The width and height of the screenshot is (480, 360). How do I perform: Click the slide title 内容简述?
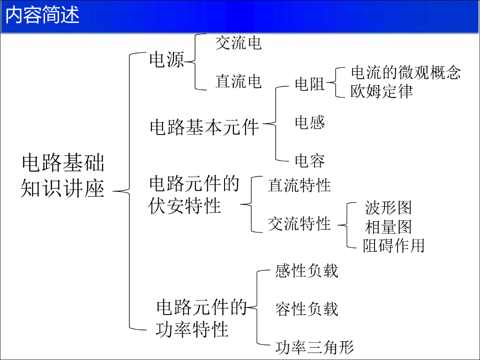click(43, 15)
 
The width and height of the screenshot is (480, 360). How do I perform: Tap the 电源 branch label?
click(166, 60)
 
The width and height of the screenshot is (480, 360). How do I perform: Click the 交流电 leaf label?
click(238, 43)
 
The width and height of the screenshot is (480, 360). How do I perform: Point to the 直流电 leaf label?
click(238, 82)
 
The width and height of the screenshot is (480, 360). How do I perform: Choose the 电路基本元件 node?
click(204, 127)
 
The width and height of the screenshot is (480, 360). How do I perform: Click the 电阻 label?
click(310, 84)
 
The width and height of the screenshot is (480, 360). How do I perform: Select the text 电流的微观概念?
click(406, 72)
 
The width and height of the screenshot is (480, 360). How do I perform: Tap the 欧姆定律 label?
click(382, 91)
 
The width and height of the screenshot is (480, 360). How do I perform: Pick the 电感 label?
click(310, 123)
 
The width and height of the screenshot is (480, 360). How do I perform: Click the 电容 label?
click(310, 161)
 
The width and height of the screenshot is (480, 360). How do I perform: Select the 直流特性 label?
click(299, 185)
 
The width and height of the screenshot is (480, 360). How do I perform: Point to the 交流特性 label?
click(299, 224)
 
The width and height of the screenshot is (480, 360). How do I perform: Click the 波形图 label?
click(388, 207)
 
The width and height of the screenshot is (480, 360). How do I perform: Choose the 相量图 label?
click(388, 227)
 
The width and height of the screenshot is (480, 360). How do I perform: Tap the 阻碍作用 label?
click(393, 246)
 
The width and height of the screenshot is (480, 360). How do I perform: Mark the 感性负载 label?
click(307, 270)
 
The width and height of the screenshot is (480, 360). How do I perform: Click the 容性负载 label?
click(307, 309)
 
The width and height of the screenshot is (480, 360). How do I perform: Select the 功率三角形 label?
click(314, 347)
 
